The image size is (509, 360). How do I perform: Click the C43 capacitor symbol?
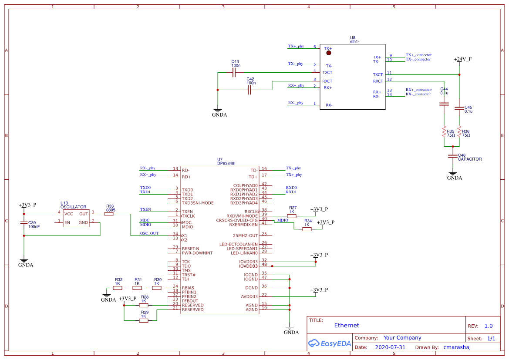click(x=234, y=72)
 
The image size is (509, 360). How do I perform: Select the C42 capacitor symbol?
click(x=249, y=90)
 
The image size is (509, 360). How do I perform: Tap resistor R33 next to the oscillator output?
click(x=110, y=214)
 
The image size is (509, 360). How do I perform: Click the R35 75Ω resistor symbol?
click(x=444, y=132)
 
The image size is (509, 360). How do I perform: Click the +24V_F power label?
click(x=462, y=59)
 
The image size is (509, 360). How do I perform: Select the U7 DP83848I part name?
click(x=226, y=164)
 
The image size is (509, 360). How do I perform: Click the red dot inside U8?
click(x=329, y=53)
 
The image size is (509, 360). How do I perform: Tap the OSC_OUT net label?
click(x=149, y=233)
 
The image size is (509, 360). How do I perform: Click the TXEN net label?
click(x=145, y=209)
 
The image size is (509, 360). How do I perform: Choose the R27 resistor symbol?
click(x=292, y=216)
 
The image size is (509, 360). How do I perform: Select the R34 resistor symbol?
click(x=307, y=229)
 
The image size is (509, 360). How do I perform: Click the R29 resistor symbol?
click(x=144, y=320)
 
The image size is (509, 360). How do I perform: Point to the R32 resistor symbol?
click(x=118, y=288)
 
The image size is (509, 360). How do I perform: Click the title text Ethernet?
click(x=347, y=325)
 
